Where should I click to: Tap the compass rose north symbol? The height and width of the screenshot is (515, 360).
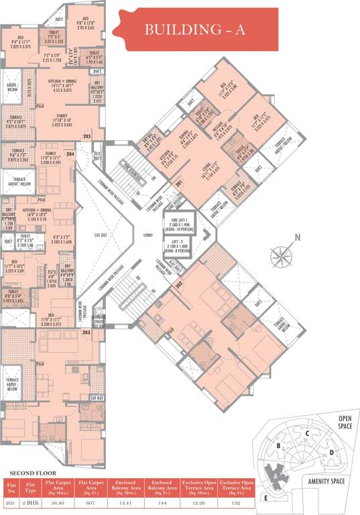(282, 254)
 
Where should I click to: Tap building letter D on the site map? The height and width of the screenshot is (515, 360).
(331, 451)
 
